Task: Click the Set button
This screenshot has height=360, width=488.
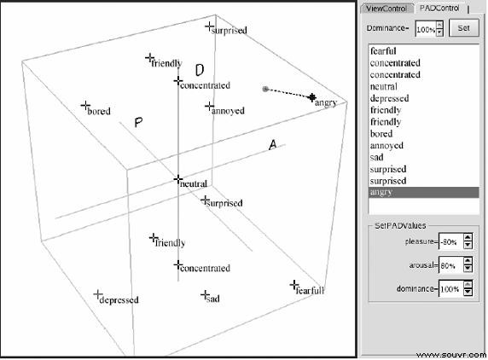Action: (x=464, y=28)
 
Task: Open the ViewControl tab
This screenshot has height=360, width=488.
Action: (x=386, y=9)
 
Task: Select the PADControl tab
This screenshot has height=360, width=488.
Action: (x=439, y=8)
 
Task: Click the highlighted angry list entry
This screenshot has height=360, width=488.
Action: (x=423, y=192)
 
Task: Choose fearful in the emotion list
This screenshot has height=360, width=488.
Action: (x=383, y=51)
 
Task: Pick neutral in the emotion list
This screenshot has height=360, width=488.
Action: (x=384, y=86)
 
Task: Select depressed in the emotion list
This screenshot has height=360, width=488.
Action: (x=389, y=98)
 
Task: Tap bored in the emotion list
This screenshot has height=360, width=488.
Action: (x=381, y=134)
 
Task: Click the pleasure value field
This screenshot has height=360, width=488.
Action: (x=450, y=241)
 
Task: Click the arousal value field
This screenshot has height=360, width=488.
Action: (x=450, y=265)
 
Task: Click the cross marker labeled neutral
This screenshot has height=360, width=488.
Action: (x=178, y=179)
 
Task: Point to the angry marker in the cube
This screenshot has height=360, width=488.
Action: (x=312, y=98)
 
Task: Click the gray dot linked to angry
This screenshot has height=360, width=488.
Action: (x=265, y=90)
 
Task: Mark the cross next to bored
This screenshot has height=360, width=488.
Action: (x=85, y=106)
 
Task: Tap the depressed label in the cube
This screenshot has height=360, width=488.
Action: (x=119, y=300)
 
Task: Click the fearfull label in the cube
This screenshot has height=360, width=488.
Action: (x=310, y=290)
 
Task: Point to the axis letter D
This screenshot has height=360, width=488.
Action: (x=200, y=70)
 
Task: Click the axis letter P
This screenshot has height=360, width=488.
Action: (x=138, y=122)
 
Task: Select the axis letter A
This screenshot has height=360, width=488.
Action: (x=273, y=145)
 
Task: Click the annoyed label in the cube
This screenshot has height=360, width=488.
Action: (x=228, y=111)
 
